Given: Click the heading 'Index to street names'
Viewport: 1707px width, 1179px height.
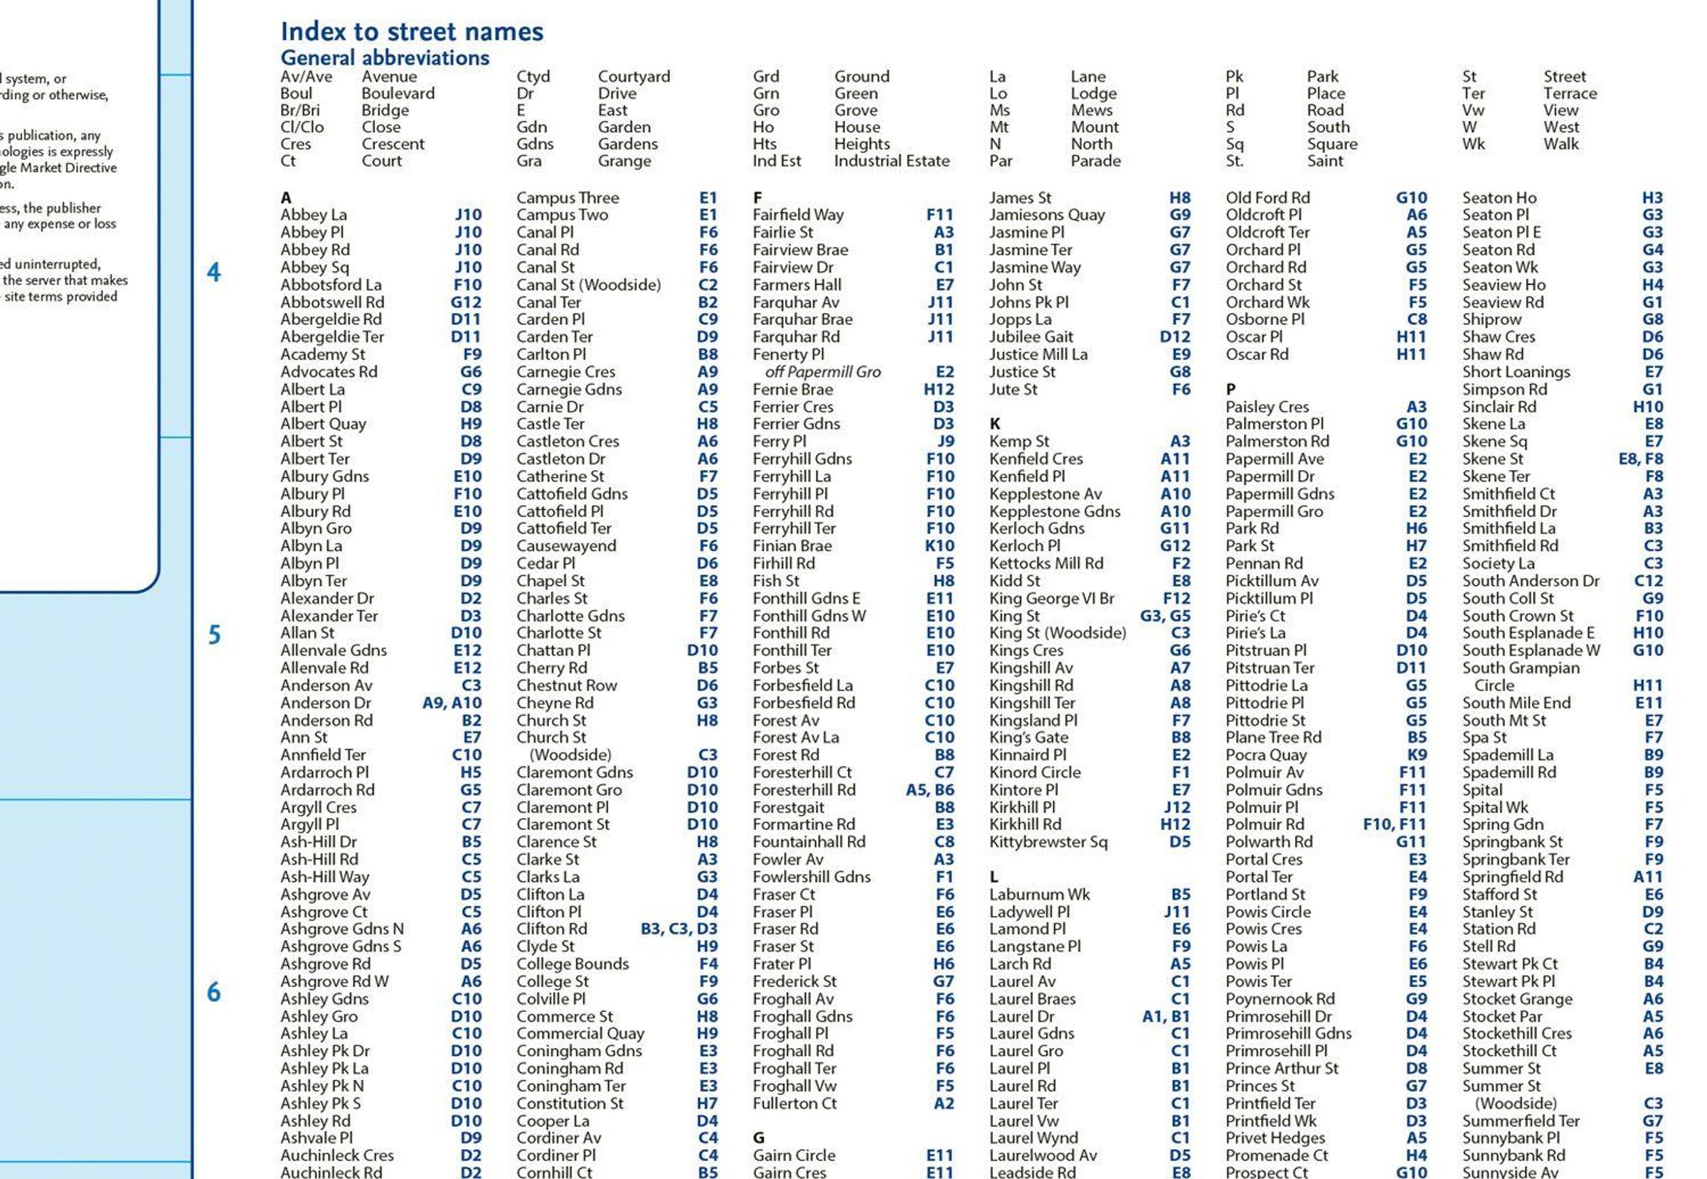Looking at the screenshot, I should pyautogui.click(x=412, y=32).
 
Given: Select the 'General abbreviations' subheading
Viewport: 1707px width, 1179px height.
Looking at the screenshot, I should pyautogui.click(x=384, y=58).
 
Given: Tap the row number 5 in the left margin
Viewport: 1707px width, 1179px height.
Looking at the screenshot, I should pyautogui.click(x=213, y=634).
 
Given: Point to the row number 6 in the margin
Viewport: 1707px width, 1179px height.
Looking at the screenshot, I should pyautogui.click(x=213, y=992).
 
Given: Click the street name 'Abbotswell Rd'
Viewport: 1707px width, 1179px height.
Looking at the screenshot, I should pyautogui.click(x=331, y=302).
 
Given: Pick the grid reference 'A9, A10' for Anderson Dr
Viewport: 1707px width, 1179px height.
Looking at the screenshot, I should pyautogui.click(x=452, y=703).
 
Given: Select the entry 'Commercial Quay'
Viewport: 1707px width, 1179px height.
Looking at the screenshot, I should pyautogui.click(x=580, y=1033).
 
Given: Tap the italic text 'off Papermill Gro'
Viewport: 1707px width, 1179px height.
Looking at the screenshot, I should pyautogui.click(x=822, y=372).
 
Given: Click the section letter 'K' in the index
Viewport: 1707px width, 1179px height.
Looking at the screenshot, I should pyautogui.click(x=994, y=424).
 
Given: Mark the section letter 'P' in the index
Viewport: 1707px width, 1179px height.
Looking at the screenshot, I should pyautogui.click(x=1230, y=389).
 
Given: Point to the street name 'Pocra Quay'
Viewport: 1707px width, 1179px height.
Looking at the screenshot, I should pyautogui.click(x=1266, y=755).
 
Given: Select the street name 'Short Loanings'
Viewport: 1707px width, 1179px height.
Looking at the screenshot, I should pyautogui.click(x=1516, y=372).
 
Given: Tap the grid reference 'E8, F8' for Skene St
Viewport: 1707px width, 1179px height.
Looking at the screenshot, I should pyautogui.click(x=1640, y=459).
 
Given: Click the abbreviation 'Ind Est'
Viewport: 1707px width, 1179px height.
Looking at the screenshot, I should pyautogui.click(x=776, y=161).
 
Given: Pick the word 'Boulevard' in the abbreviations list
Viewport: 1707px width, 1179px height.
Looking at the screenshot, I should pyautogui.click(x=398, y=94).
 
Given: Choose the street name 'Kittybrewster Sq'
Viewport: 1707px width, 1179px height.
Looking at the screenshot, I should pyautogui.click(x=1048, y=842).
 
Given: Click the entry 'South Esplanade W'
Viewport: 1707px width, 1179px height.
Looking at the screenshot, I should pyautogui.click(x=1531, y=651).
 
